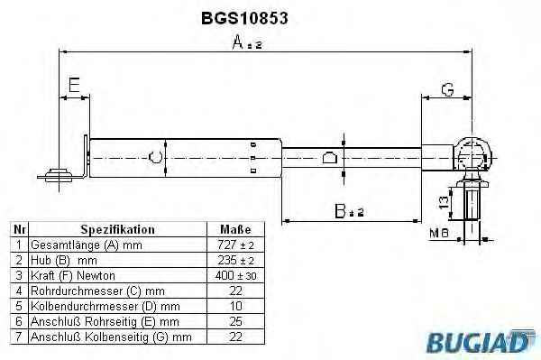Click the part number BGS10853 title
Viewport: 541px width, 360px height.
244,18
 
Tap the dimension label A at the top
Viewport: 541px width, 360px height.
247,42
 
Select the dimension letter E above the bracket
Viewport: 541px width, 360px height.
74,85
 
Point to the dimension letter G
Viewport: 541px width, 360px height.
447,89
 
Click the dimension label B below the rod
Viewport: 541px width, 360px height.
349,211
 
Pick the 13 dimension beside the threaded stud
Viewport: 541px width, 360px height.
444,202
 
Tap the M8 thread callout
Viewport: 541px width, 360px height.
439,234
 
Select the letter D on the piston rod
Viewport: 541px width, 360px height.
329,157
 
